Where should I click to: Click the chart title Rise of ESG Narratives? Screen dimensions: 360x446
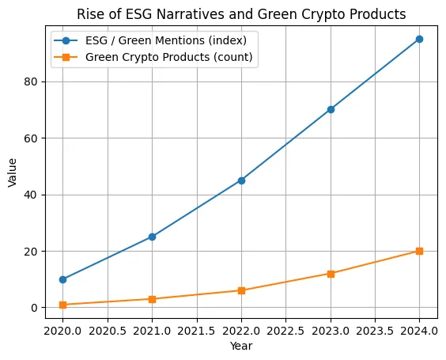point(241,13)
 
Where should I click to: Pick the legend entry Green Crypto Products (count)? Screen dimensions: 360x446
point(169,57)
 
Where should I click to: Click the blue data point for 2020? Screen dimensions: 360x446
point(63,279)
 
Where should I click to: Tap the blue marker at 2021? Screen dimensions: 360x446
point(152,237)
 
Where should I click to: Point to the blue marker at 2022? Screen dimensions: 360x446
point(241,180)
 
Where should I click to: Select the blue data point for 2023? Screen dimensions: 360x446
point(331,109)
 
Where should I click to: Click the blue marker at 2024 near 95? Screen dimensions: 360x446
point(419,39)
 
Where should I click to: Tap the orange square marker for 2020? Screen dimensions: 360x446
point(63,305)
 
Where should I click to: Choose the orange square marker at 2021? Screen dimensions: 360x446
point(152,299)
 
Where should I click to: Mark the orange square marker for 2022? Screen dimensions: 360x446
point(241,290)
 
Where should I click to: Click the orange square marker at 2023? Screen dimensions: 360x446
point(331,274)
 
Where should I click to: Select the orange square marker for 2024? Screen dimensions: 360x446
point(419,251)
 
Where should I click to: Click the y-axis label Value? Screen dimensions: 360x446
point(12,172)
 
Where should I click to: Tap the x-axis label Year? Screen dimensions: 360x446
point(241,346)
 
